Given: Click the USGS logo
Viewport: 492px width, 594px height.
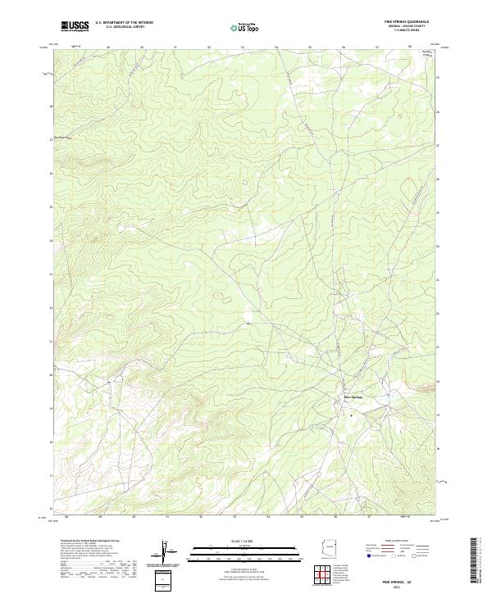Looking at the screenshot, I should [x=75, y=27].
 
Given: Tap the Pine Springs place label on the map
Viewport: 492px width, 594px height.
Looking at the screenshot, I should [x=353, y=398].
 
